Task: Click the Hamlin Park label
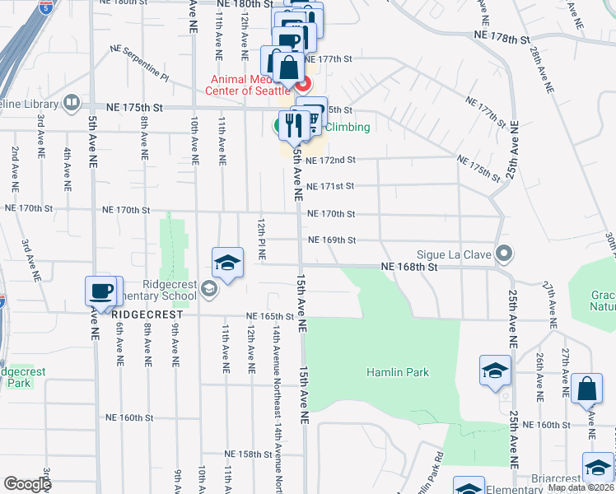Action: pyautogui.click(x=398, y=372)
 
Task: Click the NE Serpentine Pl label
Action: pyautogui.click(x=140, y=63)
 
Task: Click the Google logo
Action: pyautogui.click(x=27, y=484)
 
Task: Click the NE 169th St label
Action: pyautogui.click(x=331, y=240)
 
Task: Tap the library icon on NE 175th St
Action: pyautogui.click(x=72, y=104)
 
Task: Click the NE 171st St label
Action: pyautogui.click(x=329, y=186)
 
